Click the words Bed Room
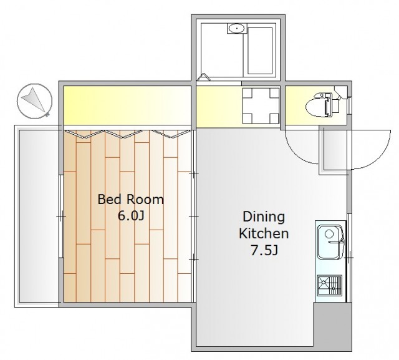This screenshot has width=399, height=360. tap(130, 200)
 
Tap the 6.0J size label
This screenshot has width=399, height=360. tap(131, 216)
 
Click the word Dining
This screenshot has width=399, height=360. tap(264, 218)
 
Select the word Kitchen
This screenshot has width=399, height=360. tap(264, 233)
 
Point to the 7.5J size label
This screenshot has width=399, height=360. tap(264, 250)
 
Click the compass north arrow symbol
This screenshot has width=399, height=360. tap(35, 101)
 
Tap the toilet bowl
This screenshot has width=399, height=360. tap(322, 105)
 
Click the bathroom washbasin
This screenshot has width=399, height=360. tap(237, 28)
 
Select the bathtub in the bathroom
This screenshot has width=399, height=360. tap(260, 51)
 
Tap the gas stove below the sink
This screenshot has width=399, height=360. tap(329, 285)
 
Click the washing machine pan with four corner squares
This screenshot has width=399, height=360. tap(261, 105)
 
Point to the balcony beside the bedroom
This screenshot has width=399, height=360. tap(39, 216)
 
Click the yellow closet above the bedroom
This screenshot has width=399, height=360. tap(127, 105)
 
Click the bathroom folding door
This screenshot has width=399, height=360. tap(203, 77)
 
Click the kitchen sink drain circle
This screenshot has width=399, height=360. tap(329, 233)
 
